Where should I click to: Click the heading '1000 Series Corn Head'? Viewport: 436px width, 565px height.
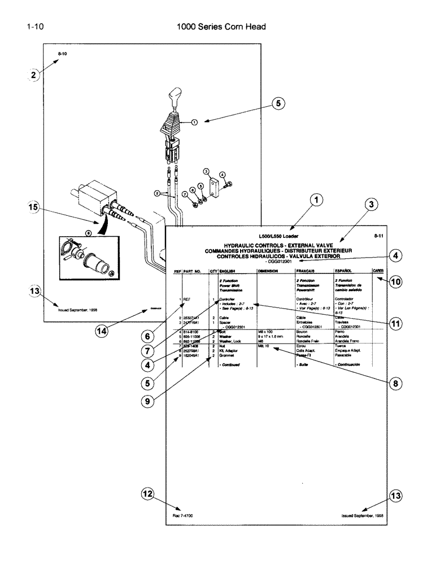tap(221, 27)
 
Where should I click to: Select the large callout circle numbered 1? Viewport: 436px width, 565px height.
tap(317, 199)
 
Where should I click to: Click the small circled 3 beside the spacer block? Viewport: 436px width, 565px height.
tap(206, 171)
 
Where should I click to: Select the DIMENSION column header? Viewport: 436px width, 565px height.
tap(268, 271)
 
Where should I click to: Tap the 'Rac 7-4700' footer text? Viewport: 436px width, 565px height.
tap(183, 515)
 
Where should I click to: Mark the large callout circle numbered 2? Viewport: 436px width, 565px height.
tap(34, 75)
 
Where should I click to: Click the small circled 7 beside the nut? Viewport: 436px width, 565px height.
tap(184, 194)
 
